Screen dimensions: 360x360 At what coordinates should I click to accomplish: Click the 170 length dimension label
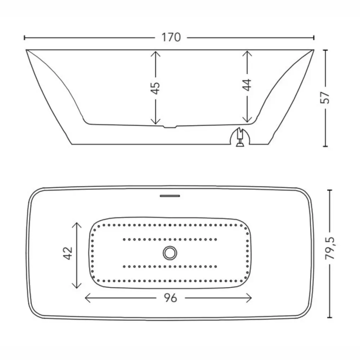pos(171,37)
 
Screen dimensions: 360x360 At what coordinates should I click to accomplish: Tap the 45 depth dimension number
pos(156,88)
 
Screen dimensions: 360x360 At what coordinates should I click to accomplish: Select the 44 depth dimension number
pos(247,85)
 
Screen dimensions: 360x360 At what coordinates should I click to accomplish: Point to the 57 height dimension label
pos(325,98)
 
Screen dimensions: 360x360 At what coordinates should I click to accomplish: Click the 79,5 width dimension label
pos(330,248)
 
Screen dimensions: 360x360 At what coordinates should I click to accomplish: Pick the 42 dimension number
pos(68,253)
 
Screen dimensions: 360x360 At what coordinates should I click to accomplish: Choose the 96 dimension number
pos(170,298)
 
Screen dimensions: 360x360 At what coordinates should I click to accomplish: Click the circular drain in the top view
pos(170,253)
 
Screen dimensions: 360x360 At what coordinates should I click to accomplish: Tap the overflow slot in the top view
pos(170,196)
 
